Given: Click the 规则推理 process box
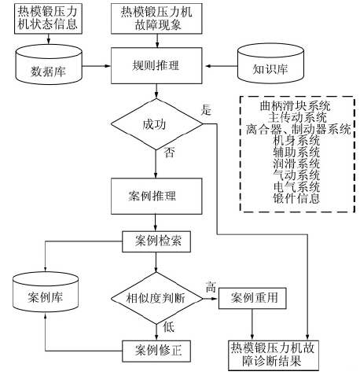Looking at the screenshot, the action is coord(156,65).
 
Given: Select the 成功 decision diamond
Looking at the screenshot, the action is coord(156,124).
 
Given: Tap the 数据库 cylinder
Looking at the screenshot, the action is coord(49,64).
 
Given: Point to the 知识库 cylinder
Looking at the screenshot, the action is coord(270,63).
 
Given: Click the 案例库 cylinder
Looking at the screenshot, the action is coord(46,292).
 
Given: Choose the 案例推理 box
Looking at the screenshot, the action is coord(156,196).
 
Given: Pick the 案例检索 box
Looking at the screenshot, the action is coord(156,241).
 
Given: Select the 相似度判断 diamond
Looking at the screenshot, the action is coord(156,298).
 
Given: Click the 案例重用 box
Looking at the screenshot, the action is coord(252,298).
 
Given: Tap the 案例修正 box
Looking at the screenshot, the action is coord(156,351).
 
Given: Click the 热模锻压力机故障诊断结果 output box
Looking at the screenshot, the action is coord(274,355).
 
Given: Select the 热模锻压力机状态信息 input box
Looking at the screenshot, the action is coord(48,19).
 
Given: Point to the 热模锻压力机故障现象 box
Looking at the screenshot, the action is coord(156,19).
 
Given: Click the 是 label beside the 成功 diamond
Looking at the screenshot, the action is coord(206,110).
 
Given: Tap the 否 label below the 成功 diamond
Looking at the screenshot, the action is coord(169,153).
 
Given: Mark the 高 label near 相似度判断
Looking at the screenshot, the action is coord(211,287).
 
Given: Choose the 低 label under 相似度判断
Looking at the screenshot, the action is coord(168,327).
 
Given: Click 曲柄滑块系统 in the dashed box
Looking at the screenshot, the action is coord(296,106).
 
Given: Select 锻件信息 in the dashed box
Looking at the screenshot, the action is coord(296,198).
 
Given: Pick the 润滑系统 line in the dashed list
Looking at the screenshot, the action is coord(296,164).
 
